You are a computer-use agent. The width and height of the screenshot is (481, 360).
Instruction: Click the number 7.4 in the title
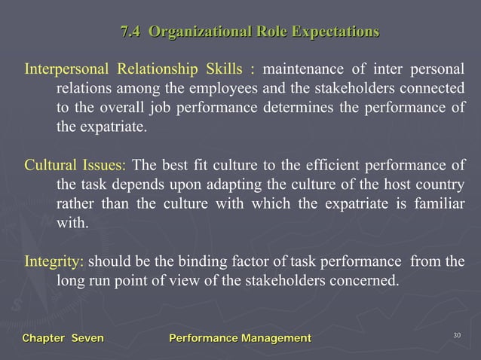[132, 32]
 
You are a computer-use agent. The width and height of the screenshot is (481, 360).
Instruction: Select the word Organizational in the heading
[191, 32]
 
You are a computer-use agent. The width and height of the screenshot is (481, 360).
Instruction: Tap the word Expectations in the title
[335, 32]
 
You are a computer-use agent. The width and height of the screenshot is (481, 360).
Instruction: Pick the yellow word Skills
[223, 71]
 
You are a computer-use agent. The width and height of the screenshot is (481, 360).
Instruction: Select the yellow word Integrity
[54, 262]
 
